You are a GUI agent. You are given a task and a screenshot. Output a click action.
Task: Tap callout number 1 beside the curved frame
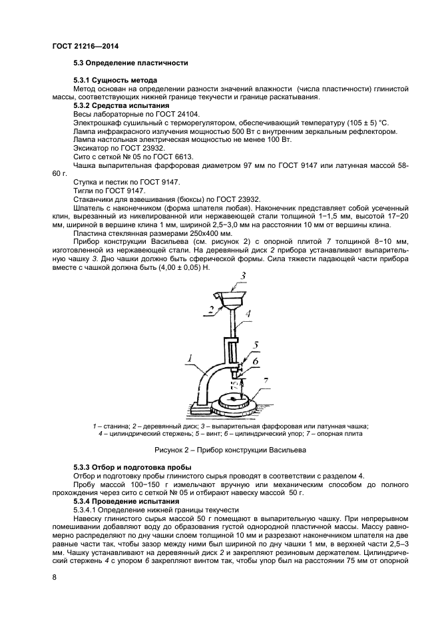pyautogui.click(x=190, y=360)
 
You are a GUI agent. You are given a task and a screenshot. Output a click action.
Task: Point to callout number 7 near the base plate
pyautogui.click(x=266, y=381)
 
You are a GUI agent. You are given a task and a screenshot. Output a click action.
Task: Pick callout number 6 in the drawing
pyautogui.click(x=256, y=360)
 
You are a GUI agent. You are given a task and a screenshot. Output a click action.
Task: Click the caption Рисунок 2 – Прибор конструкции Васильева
pyautogui.click(x=220, y=450)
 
